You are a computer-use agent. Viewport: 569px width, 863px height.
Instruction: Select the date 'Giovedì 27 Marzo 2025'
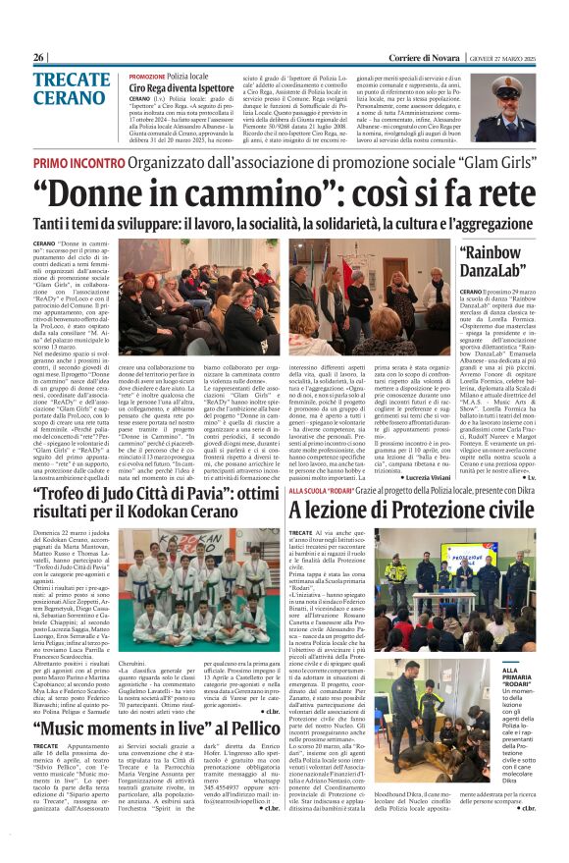pyautogui.click(x=508, y=58)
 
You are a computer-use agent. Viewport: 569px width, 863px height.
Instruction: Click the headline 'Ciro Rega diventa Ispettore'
pyautogui.click(x=181, y=88)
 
